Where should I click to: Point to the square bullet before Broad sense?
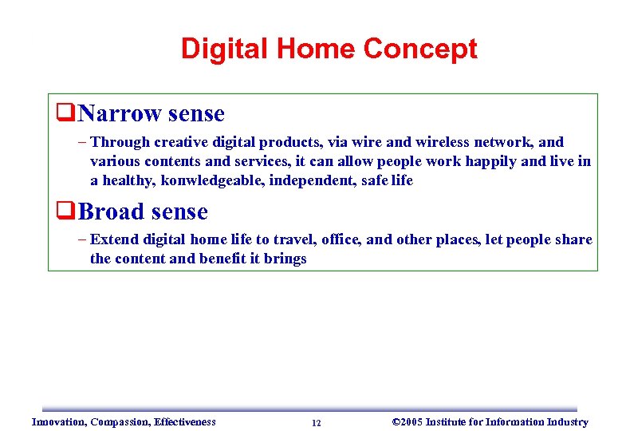pyautogui.click(x=65, y=212)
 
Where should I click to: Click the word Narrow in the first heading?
pyautogui.click(x=119, y=114)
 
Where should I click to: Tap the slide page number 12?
pyautogui.click(x=317, y=423)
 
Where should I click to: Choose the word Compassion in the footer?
pyautogui.click(x=121, y=422)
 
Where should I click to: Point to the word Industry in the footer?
pyautogui.click(x=566, y=422)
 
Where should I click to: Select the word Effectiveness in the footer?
pyautogui.click(x=185, y=422)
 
